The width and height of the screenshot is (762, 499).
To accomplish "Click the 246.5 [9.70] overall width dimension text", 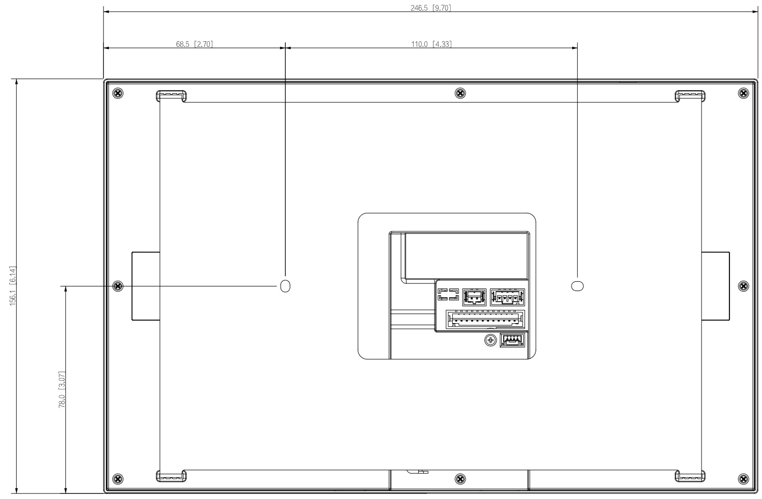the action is click(431, 8).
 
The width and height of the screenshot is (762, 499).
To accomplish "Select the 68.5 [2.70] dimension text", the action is click(194, 44).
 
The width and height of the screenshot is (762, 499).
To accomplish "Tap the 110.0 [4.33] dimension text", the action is click(431, 44).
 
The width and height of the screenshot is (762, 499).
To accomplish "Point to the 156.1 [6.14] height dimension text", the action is click(13, 286).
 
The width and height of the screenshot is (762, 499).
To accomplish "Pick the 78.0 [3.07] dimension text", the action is click(62, 390).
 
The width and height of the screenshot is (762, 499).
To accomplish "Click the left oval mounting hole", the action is click(285, 286).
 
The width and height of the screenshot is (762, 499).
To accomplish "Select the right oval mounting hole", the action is click(577, 286).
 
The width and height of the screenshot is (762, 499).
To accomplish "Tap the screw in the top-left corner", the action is click(118, 93).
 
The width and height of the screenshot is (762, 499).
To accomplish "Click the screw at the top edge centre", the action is click(460, 93).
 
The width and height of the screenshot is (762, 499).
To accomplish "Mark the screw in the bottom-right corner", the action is click(743, 479).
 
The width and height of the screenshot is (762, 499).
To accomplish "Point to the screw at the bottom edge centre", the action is click(460, 479).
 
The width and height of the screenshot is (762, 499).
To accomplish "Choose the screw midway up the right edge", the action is click(743, 286).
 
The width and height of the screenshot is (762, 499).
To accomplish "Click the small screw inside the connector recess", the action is click(490, 339).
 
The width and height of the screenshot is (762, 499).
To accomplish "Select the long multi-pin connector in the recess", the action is click(485, 320).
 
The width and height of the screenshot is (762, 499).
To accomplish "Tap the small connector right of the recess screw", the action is click(512, 340).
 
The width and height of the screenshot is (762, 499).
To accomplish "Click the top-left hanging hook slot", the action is click(171, 96).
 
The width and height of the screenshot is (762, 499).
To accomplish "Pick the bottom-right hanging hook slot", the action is click(690, 476).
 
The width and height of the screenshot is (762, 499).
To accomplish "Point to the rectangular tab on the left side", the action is click(146, 286).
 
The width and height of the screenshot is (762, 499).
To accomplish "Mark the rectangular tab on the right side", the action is click(716, 286).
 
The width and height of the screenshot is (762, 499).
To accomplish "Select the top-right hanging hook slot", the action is click(690, 96).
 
